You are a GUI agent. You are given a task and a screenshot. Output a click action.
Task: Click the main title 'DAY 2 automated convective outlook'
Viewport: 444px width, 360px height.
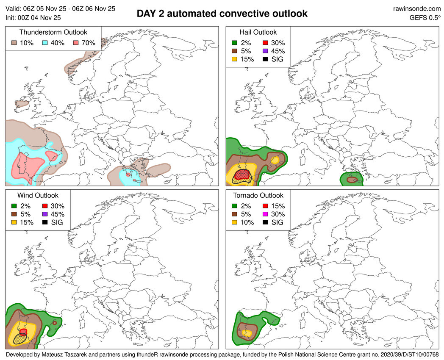(222, 14)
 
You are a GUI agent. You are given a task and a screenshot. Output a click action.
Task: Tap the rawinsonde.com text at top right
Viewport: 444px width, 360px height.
(417, 8)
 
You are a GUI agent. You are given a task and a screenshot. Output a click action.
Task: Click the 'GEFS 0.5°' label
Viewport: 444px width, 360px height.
(425, 18)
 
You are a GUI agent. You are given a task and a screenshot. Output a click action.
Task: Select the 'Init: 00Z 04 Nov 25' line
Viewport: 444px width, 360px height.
(33, 18)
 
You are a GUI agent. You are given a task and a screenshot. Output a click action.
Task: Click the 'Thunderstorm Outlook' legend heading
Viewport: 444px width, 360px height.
(53, 32)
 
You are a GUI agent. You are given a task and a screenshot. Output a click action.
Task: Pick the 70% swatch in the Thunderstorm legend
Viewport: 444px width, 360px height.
(76, 43)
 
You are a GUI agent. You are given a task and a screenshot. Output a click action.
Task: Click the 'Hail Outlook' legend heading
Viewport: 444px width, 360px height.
(258, 32)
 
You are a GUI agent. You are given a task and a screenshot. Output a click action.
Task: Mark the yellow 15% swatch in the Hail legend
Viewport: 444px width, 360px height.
(234, 59)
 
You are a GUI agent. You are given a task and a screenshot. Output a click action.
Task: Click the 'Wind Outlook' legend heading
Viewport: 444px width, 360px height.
(38, 195)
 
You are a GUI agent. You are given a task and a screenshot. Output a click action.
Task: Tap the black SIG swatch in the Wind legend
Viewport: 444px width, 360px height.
(46, 222)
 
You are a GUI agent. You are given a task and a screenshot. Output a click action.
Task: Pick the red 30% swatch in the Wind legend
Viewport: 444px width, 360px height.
(46, 206)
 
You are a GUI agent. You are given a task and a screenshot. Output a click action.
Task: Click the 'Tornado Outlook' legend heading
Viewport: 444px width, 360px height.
(258, 195)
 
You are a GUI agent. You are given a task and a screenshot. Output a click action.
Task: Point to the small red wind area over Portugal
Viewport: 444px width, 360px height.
(24, 331)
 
